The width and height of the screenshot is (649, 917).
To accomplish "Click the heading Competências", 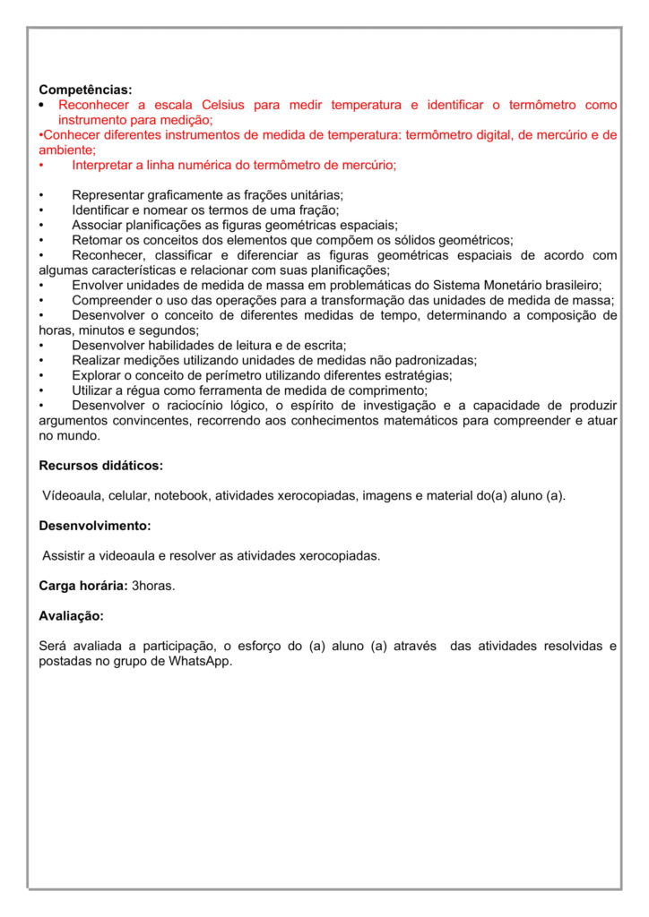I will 85,90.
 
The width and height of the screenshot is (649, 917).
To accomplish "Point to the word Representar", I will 110,195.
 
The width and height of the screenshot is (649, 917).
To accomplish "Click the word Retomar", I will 96,240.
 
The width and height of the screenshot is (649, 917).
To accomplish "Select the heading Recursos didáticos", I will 100,466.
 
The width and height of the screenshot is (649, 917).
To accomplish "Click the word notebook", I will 182,495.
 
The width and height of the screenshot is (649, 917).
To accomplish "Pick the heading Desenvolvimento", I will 94,526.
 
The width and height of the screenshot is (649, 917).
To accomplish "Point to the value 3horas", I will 154,586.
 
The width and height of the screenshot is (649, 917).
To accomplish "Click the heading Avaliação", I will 71,616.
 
